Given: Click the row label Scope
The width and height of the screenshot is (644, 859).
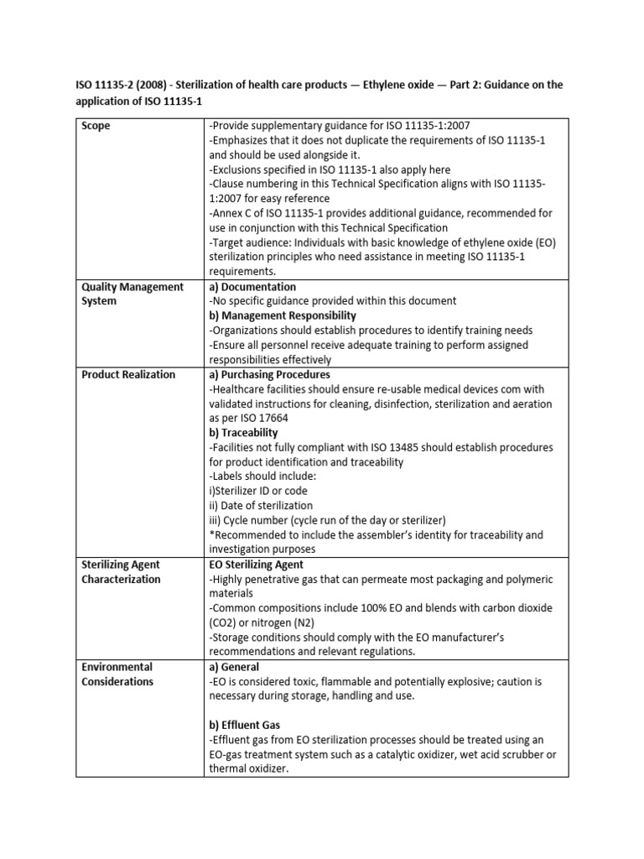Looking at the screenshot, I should pos(97,126).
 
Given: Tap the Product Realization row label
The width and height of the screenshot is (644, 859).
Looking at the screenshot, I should pos(128,374).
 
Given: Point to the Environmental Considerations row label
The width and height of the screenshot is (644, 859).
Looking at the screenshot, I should pos(117,674).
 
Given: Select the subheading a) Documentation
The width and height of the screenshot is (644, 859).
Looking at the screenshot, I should pos(252,287).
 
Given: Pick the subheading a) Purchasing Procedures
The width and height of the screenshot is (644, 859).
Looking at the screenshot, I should pos(269,374).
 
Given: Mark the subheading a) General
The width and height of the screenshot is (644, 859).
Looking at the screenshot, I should pos(234,667).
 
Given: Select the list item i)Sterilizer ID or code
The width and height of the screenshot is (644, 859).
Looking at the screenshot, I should pos(262,491).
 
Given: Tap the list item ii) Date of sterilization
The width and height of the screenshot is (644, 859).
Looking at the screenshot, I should pos(261,506).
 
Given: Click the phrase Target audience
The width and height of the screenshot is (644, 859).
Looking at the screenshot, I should pos(252,242).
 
